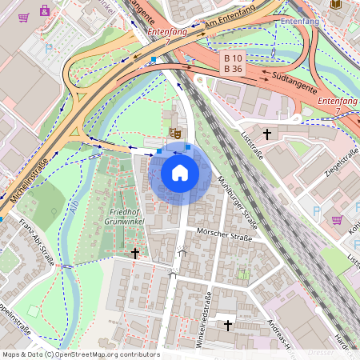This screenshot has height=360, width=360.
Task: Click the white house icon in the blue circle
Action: point(180,172)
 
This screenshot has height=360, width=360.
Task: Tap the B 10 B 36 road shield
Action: point(233,63)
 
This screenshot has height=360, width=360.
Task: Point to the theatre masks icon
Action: point(174,131)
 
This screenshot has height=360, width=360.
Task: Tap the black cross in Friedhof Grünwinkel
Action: point(135,253)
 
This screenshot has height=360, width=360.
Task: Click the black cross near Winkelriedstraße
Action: point(228,325)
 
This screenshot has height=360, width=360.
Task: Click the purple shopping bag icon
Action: point(45,11)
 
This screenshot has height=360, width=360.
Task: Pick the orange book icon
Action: point(334,4)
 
